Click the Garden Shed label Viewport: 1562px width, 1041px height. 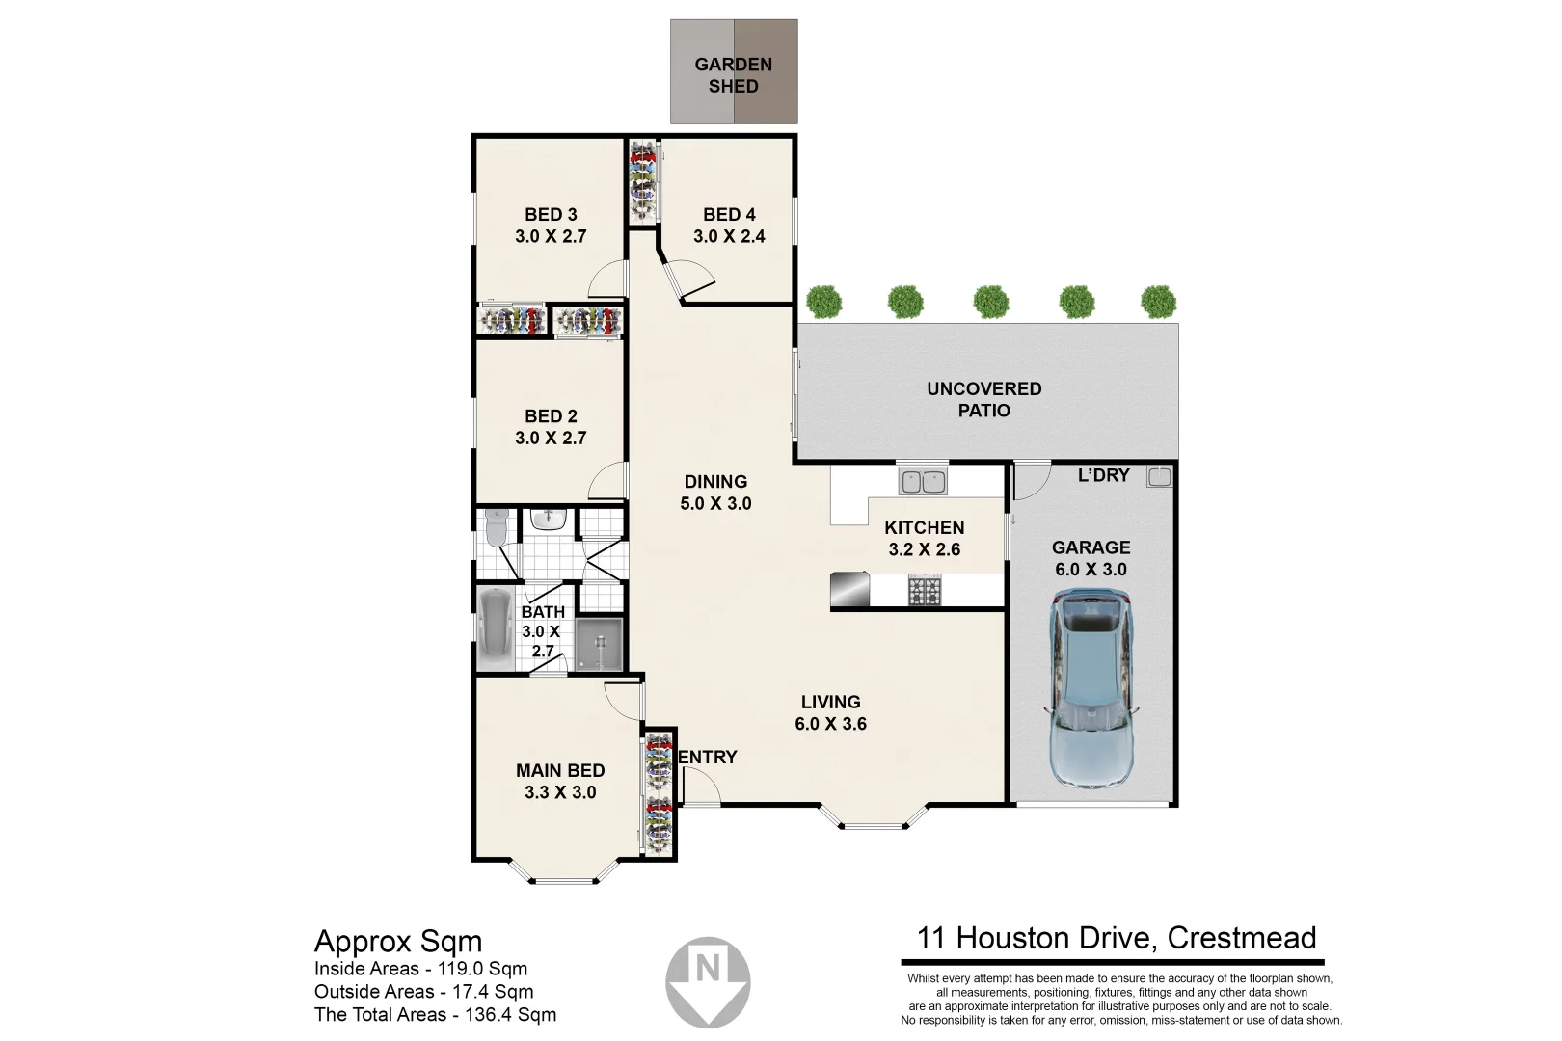(734, 75)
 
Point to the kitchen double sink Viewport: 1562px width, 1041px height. (923, 480)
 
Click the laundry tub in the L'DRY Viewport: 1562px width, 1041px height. (1159, 476)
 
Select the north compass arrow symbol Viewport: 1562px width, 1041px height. (709, 979)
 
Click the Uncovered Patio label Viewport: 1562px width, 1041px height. (983, 399)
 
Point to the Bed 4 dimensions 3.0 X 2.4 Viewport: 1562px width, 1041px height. (729, 236)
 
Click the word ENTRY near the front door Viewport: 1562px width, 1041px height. (708, 758)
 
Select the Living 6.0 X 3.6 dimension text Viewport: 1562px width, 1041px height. (830, 724)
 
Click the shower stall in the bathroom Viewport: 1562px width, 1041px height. (601, 644)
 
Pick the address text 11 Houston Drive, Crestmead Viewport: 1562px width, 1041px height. (1116, 937)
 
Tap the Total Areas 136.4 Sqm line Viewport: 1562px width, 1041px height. (435, 1014)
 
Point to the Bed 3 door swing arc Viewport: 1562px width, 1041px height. (606, 280)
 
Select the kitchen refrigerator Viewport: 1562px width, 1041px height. (849, 589)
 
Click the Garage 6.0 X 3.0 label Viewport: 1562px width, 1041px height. (1091, 558)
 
